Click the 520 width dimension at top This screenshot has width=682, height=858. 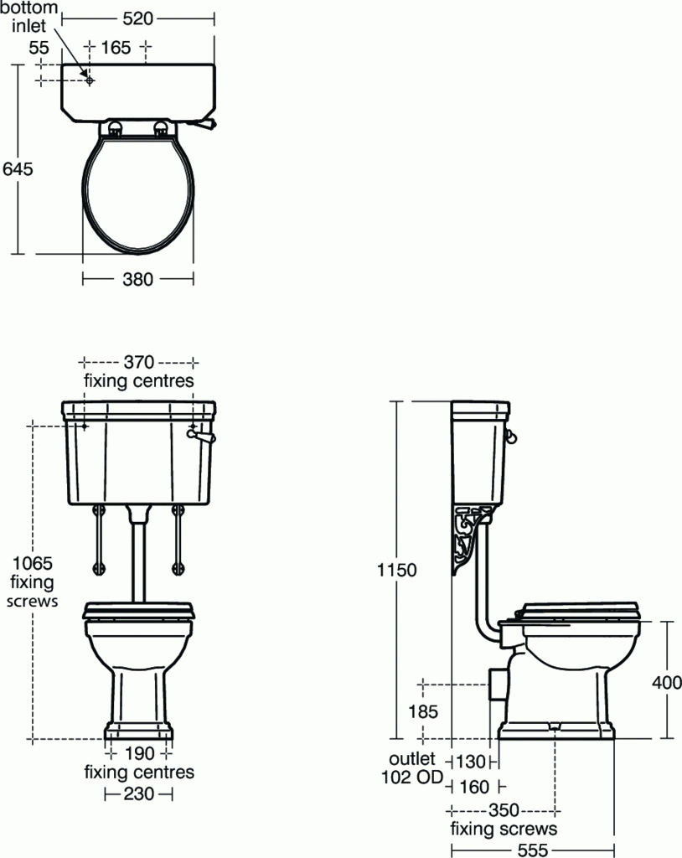pos(138,17)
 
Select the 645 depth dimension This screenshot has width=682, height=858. pos(18,168)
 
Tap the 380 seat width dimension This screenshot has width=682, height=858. pos(138,279)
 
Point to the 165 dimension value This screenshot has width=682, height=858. pos(116,48)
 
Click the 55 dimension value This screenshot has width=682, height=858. pos(39,48)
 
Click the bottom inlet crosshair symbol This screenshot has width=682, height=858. pos(89,80)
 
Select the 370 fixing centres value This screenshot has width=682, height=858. pos(139,362)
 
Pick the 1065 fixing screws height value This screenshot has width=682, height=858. pos(32,563)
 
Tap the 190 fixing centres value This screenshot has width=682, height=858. pos(139,753)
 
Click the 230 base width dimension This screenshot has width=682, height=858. pos(139,793)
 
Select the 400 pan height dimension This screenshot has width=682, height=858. pos(667,682)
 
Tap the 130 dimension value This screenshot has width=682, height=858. pos(471,762)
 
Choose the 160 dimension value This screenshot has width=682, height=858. pos(473,787)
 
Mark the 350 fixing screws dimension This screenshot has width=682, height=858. pos(504,810)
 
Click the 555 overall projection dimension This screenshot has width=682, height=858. pos(533,848)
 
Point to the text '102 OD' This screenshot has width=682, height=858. pos(413,777)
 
